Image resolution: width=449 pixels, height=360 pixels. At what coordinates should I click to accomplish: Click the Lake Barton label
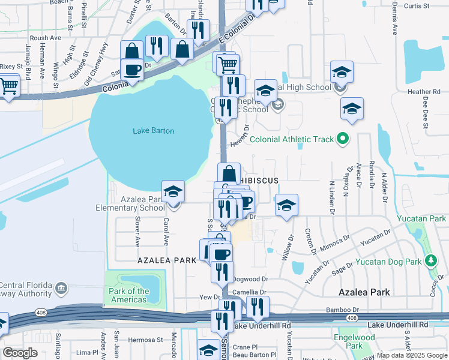[x=154, y=131]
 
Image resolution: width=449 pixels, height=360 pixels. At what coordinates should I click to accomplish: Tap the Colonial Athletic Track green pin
[x=343, y=139]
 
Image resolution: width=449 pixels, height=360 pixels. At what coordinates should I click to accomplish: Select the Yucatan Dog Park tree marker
[x=430, y=261]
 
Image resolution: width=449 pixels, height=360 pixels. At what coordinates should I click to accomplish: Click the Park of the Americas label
[x=129, y=295]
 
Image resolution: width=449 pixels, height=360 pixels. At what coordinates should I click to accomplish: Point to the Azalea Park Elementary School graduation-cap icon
[x=173, y=191]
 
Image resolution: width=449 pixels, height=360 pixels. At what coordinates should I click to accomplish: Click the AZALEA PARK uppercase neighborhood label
[x=167, y=260]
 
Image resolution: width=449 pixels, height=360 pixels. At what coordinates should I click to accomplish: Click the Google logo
[x=20, y=353]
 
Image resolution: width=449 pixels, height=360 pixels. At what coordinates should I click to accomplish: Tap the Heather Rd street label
[x=424, y=92]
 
